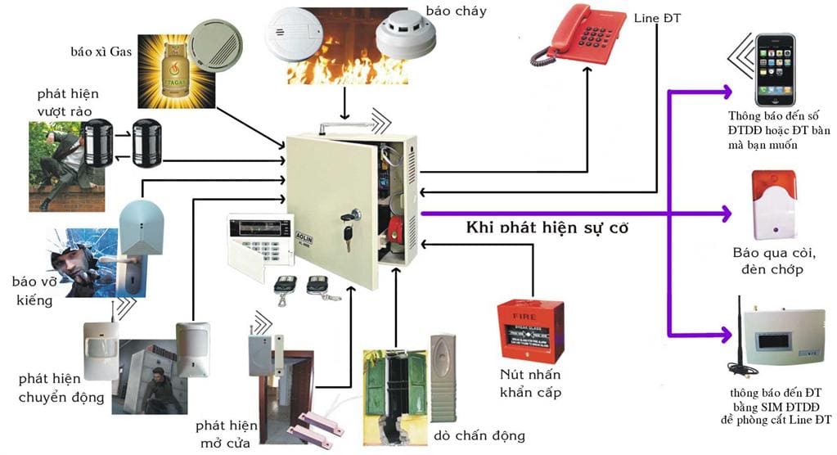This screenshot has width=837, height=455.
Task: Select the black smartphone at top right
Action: (x=773, y=69)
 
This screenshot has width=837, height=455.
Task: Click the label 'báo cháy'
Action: (x=456, y=11)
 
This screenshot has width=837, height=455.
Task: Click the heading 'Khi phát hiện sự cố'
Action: (x=547, y=227)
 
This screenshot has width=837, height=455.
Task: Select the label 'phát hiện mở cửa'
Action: (x=226, y=435)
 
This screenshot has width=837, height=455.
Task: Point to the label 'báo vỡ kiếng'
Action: (x=33, y=291)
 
